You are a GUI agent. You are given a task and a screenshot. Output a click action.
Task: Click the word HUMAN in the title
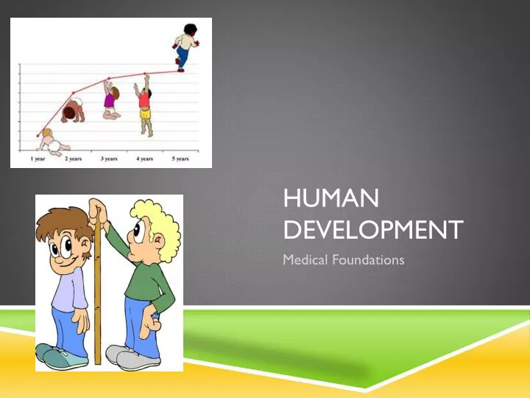pyautogui.click(x=331, y=198)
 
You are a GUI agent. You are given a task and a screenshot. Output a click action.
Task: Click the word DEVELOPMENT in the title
pyautogui.click(x=373, y=229)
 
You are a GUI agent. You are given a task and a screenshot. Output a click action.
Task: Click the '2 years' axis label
pyautogui.click(x=73, y=158)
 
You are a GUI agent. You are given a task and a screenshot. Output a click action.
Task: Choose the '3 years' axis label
pyautogui.click(x=110, y=158)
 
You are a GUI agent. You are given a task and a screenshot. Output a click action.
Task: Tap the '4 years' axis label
pyautogui.click(x=144, y=158)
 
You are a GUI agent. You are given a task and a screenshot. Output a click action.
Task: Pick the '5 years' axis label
pyautogui.click(x=180, y=158)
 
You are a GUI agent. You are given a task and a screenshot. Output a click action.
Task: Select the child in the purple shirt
pyautogui.click(x=110, y=101)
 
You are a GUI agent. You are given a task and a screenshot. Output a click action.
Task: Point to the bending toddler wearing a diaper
pyautogui.click(x=73, y=111)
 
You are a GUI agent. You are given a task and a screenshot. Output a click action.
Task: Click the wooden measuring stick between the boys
pyautogui.click(x=97, y=295)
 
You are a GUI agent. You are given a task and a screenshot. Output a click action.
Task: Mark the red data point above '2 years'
pyautogui.click(x=73, y=93)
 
